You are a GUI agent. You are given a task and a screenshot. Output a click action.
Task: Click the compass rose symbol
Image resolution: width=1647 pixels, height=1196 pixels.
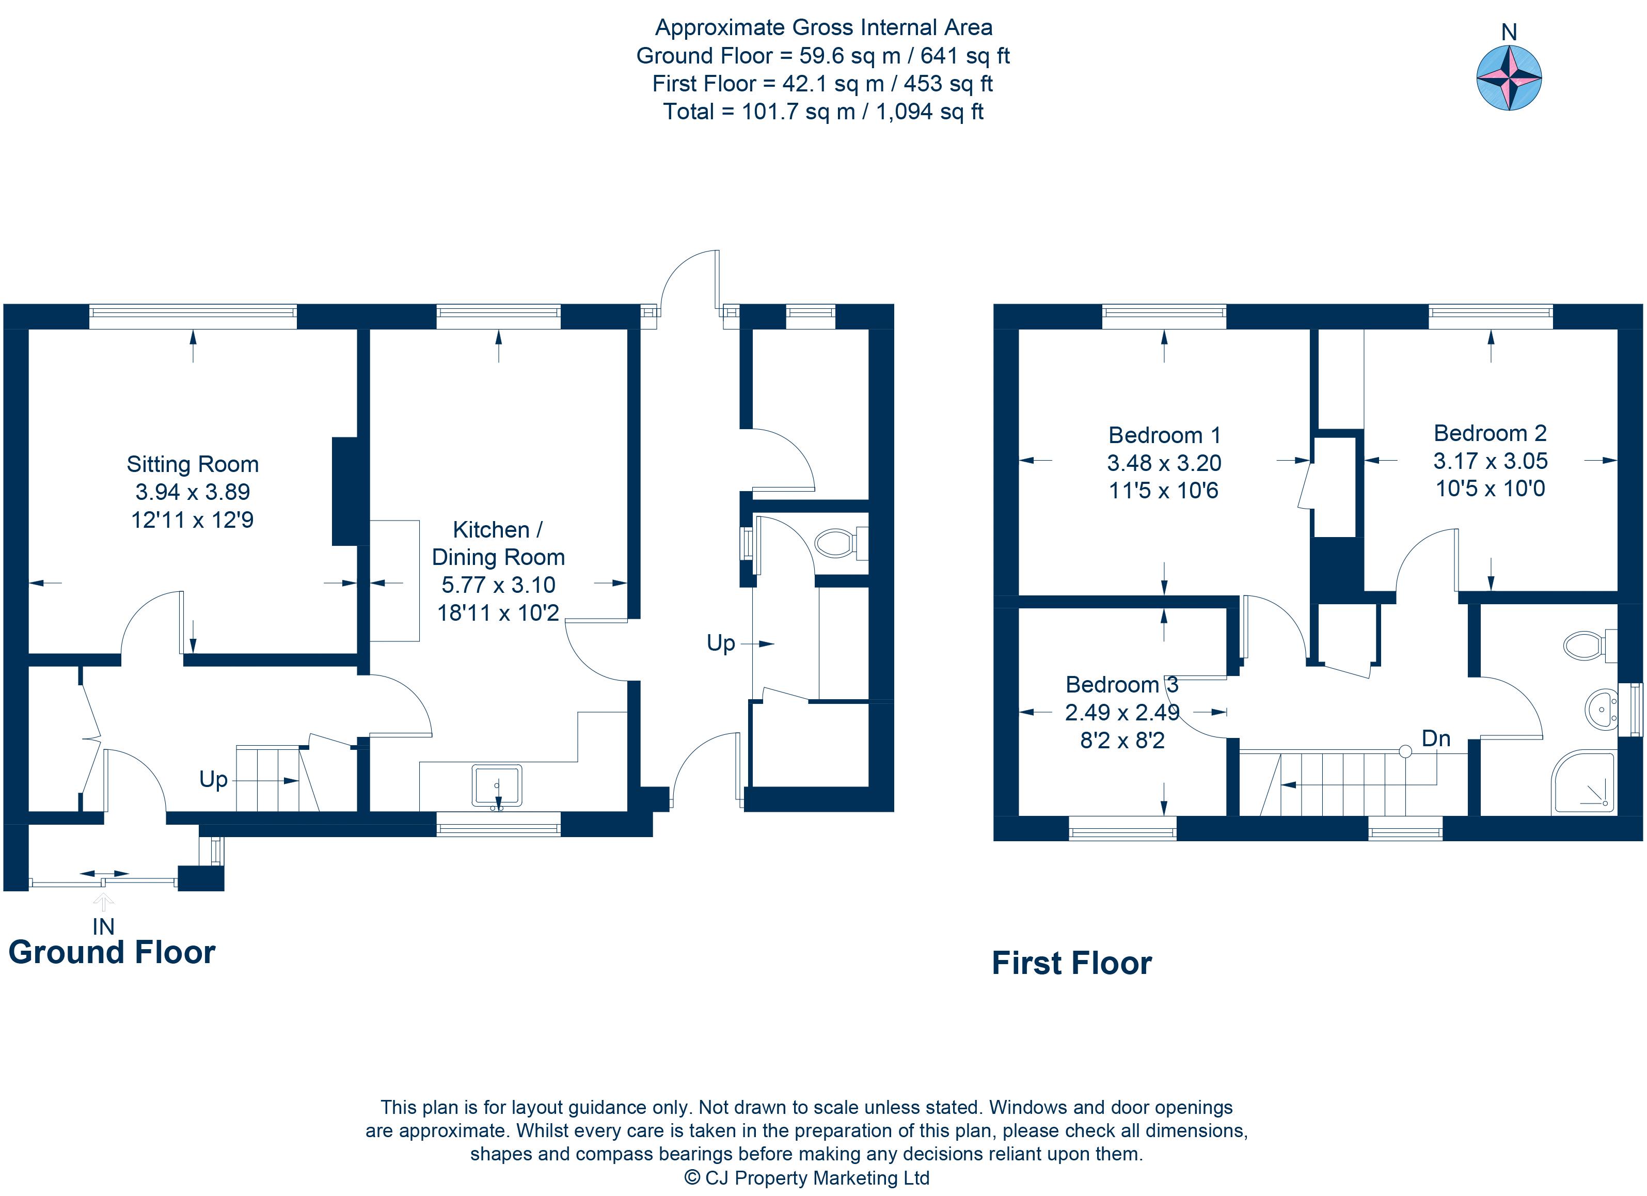pyautogui.click(x=1509, y=77)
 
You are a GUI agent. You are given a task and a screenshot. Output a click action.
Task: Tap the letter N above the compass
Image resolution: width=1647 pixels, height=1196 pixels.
pyautogui.click(x=1509, y=33)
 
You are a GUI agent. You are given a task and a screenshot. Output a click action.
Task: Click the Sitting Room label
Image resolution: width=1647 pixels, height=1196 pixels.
pyautogui.click(x=193, y=464)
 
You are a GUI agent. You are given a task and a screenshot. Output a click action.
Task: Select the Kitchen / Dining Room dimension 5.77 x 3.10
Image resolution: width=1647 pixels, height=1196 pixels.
pyautogui.click(x=498, y=585)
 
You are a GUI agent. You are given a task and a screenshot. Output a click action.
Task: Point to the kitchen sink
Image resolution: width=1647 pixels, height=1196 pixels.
pyautogui.click(x=497, y=785)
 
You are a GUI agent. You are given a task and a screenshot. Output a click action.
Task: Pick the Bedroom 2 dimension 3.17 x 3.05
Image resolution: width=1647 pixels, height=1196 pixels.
pyautogui.click(x=1490, y=461)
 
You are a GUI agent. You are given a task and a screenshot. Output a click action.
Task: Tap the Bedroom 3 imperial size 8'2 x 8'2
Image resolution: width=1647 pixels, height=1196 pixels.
pyautogui.click(x=1122, y=740)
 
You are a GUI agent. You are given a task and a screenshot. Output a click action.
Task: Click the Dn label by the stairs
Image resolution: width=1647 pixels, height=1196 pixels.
pyautogui.click(x=1436, y=738)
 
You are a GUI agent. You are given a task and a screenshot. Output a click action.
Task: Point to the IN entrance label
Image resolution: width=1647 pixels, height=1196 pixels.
pyautogui.click(x=103, y=926)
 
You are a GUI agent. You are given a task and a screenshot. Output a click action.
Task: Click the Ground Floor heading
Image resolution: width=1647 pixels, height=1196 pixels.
pyautogui.click(x=112, y=952)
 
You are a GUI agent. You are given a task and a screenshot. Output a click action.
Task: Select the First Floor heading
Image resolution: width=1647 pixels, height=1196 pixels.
pyautogui.click(x=1072, y=964)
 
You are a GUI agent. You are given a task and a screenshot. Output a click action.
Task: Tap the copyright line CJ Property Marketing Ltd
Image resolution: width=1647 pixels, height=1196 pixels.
pyautogui.click(x=807, y=1178)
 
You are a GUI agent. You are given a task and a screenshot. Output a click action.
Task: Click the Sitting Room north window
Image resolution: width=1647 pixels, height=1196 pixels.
pyautogui.click(x=193, y=316)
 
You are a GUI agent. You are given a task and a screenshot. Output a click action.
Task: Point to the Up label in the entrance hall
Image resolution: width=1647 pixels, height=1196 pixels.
pyautogui.click(x=214, y=779)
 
